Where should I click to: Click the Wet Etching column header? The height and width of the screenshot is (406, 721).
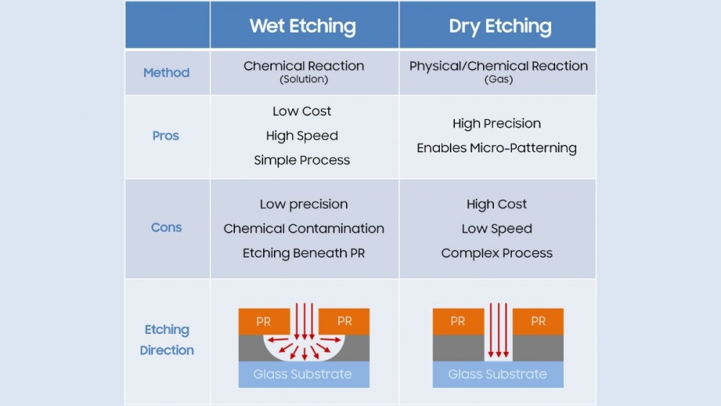[303, 27]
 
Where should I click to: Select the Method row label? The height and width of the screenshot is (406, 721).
[167, 73]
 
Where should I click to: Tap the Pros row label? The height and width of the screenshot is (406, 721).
[166, 136]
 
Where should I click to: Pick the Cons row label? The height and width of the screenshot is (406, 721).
[167, 228]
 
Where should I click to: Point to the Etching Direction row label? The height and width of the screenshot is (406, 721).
[167, 340]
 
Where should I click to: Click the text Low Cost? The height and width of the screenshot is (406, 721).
[302, 111]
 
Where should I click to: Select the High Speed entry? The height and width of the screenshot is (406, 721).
[302, 136]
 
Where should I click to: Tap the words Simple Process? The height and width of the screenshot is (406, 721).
[302, 160]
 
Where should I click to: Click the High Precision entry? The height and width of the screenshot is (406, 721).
[497, 123]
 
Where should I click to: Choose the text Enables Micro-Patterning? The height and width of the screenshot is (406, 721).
[497, 148]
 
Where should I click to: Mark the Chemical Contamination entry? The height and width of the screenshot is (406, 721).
[304, 229]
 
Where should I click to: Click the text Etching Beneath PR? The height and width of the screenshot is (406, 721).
[304, 253]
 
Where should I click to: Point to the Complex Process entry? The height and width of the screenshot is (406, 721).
[497, 253]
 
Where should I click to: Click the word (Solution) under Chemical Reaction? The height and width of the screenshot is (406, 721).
[304, 79]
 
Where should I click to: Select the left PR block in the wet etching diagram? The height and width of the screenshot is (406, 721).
[265, 322]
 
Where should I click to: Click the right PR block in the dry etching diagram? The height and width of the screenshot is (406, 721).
[538, 322]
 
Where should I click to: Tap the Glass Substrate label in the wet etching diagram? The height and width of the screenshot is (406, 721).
[303, 374]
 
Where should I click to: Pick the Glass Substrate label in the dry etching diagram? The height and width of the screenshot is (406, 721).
[497, 374]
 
